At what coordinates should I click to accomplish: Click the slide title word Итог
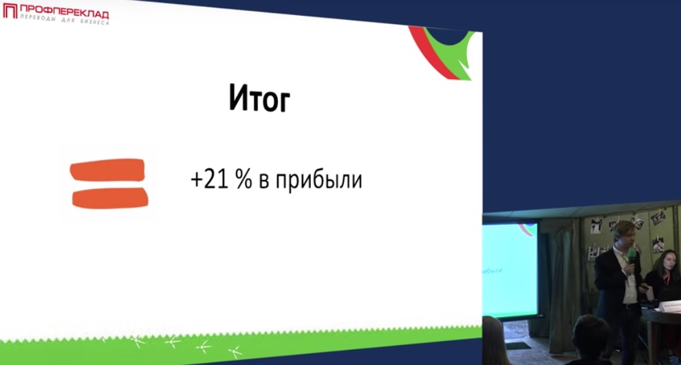coord(259,98)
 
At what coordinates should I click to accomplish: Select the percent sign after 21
coord(244,179)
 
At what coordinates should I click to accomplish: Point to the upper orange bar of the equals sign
coord(107,170)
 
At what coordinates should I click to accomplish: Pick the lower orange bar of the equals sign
coord(110,198)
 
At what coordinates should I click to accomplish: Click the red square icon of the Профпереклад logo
coord(10,11)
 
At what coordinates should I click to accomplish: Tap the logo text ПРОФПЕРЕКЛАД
coord(64,11)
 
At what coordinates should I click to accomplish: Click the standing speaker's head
coord(624,234)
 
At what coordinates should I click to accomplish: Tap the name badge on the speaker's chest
coord(631,281)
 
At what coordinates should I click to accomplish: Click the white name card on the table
coord(669,307)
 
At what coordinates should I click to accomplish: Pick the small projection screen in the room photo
coord(510,269)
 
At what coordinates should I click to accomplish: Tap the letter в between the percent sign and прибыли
coord(264,181)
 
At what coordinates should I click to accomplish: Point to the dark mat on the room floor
coord(519,346)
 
